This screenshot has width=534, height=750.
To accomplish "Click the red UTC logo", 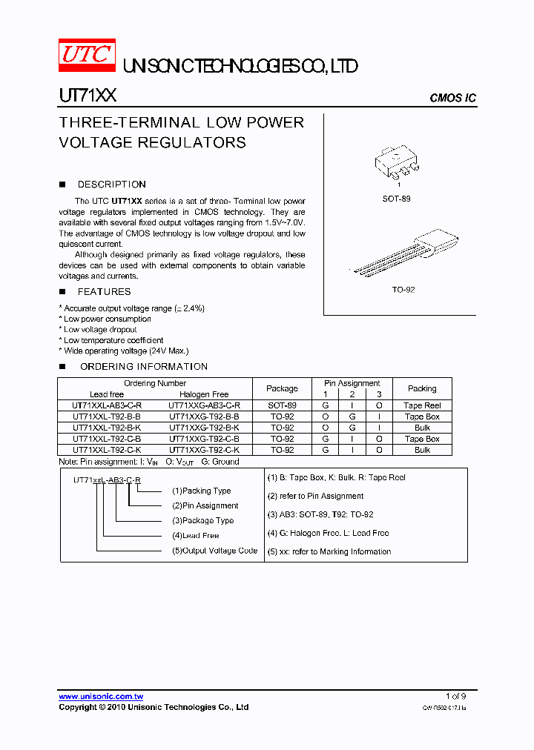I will coord(88,56).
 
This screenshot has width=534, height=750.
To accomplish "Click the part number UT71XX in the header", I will coord(87,96).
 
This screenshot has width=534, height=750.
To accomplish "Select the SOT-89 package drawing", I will coord(396,164).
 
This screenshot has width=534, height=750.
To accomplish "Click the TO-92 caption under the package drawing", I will coord(403,290).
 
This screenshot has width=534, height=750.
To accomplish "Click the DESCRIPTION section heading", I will coord(111,185).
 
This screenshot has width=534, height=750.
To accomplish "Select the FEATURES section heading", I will coord(104,292).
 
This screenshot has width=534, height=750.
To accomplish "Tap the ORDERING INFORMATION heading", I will coord(143,367).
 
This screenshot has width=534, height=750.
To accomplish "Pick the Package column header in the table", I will coord(282,388).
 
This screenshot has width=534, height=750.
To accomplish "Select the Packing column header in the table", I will coord(422,388).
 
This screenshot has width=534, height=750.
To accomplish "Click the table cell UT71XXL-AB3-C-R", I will coord(107,405).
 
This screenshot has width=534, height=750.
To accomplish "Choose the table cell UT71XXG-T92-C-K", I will coord(204,450).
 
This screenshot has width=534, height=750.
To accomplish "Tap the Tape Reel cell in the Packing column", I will coord(422,405).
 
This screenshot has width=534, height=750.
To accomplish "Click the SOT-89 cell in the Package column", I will coord(282,405).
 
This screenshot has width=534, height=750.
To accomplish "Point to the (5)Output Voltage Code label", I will coord(214,551).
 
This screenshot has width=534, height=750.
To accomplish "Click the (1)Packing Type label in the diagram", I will coord(201,491).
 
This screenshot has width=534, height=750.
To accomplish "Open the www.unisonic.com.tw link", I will coord(101,697).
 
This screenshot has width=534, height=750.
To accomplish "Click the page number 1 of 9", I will coord(455,696).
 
